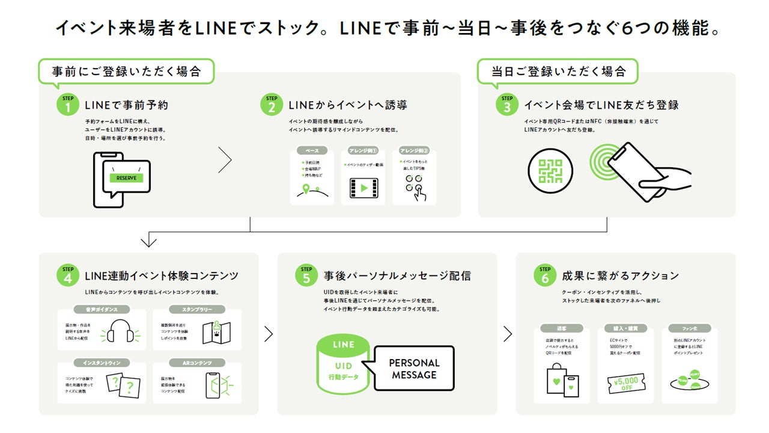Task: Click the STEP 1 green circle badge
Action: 68,104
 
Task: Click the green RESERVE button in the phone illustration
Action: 126,178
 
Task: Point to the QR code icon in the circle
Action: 550,171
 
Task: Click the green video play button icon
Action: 363,188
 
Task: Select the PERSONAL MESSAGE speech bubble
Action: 414,369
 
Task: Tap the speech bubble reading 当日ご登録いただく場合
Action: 558,72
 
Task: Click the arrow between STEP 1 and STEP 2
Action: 225,159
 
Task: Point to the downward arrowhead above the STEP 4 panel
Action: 148,241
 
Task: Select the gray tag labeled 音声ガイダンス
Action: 101,310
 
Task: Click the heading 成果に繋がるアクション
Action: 620,276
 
